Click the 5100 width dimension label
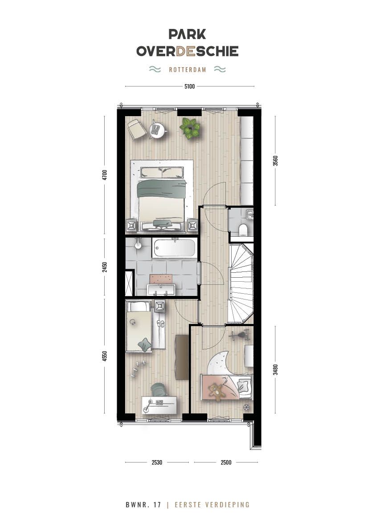coord(190,86)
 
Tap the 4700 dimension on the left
coord(105,174)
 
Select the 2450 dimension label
coord(105,267)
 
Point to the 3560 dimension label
coord(275,161)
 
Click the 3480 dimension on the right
coord(275,370)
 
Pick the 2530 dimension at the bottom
coord(156,462)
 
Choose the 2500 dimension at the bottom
coord(226,462)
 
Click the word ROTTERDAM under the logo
coord(187,70)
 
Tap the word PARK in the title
coord(187,34)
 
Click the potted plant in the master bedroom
coord(190,128)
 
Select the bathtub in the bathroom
coord(174,248)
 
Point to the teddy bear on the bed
coord(217,392)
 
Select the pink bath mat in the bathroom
coord(161,279)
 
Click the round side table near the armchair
coord(156,129)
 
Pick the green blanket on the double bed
coord(161,189)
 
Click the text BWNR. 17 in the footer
coord(143,505)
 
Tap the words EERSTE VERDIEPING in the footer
coord(212,505)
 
